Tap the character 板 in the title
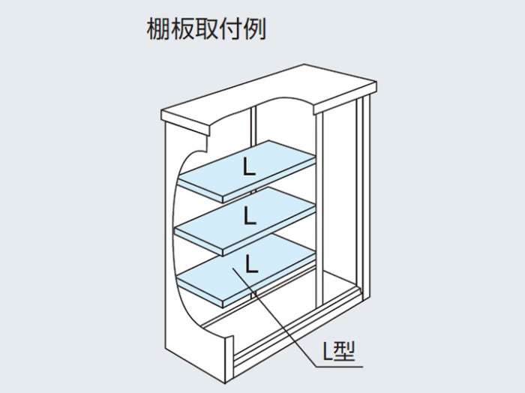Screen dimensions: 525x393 click(182, 29)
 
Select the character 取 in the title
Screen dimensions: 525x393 click(206, 29)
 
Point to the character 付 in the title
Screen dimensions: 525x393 click(231, 29)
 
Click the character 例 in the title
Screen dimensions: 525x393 click(255, 29)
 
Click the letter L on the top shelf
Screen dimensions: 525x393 click(249, 167)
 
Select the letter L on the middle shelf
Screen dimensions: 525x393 click(250, 216)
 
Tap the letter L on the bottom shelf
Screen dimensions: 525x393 click(251, 264)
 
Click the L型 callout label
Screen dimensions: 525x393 click(338, 351)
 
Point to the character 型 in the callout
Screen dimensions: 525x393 click(345, 351)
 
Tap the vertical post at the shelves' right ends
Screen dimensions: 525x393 click(319, 208)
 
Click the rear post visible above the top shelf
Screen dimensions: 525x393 click(253, 125)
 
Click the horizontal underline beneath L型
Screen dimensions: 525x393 click(339, 367)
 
